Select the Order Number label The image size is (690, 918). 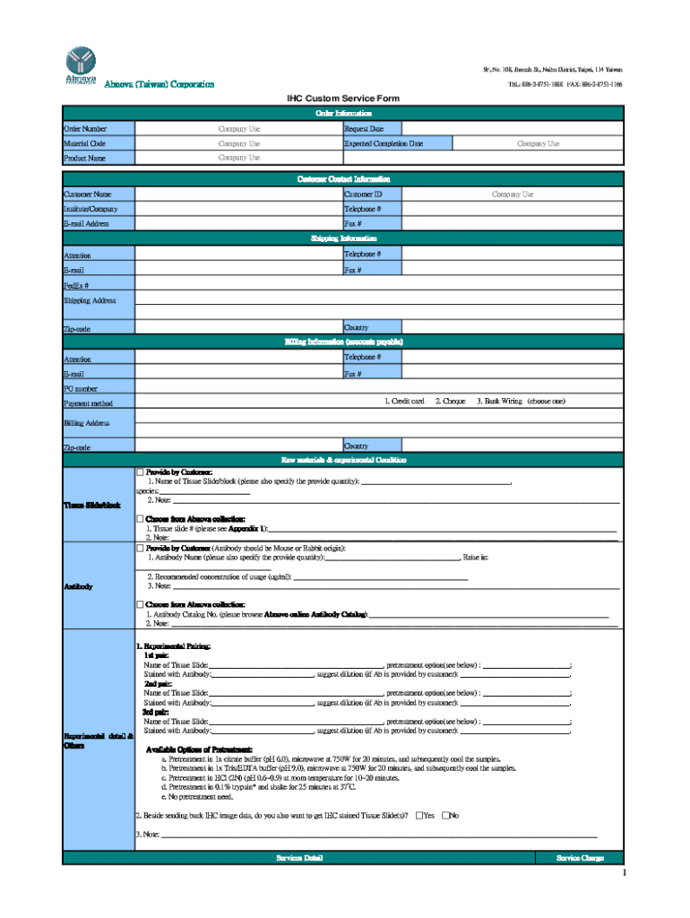(85, 129)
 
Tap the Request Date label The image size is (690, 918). (365, 129)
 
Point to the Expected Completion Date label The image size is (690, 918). (384, 143)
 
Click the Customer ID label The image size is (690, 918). (363, 195)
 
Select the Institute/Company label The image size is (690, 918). (91, 209)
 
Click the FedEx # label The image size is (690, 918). (75, 285)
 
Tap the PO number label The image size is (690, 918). (81, 389)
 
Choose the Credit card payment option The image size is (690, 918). (404, 402)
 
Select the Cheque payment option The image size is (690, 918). (450, 402)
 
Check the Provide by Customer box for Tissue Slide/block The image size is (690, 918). (140, 472)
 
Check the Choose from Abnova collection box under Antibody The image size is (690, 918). (140, 604)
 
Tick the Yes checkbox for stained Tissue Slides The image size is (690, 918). (420, 815)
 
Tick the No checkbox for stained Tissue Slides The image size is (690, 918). (446, 815)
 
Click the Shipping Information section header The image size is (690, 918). (343, 238)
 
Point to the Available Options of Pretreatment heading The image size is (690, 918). (199, 749)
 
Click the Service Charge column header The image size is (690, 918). (580, 858)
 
